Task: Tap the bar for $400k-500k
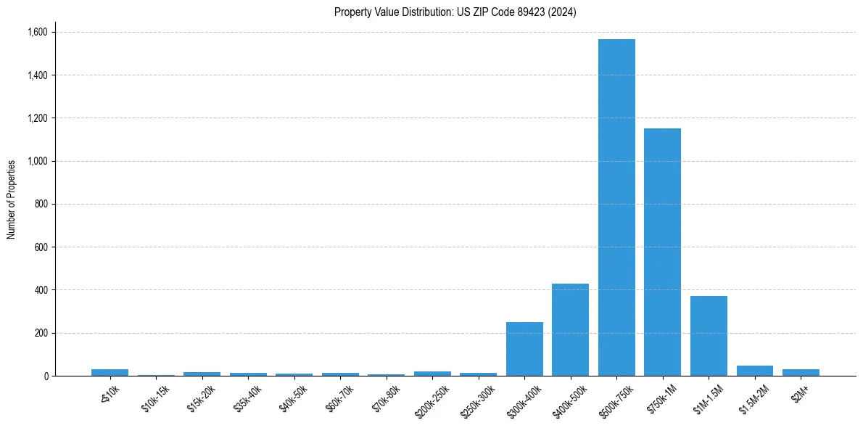pos(570,329)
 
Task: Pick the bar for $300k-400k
pos(524,349)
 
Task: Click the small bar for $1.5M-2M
pos(754,371)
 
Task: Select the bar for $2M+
pos(801,372)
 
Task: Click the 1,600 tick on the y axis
pos(37,32)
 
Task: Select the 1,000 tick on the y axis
pos(37,161)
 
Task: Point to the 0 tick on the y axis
pos(45,376)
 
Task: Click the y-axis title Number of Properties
pos(12,199)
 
